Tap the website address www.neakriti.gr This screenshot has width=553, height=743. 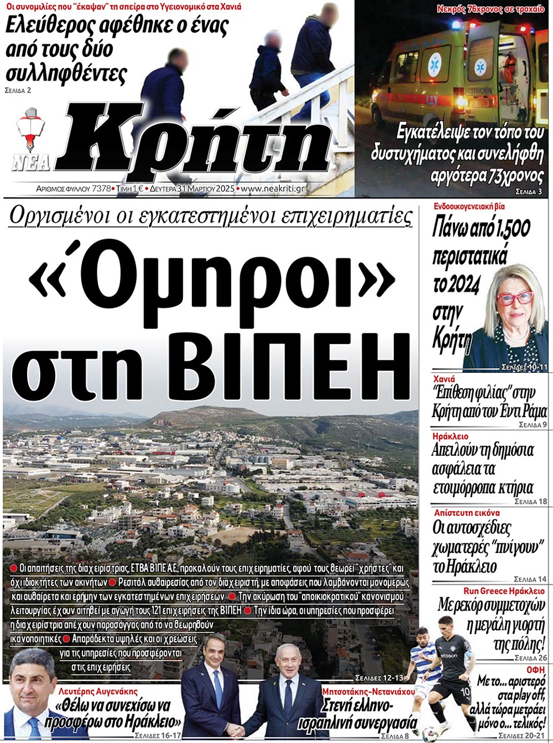point(272,188)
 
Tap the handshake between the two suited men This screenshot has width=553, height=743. point(237,730)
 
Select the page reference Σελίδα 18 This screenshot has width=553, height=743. point(530,501)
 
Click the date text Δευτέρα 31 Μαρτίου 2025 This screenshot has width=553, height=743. point(192,188)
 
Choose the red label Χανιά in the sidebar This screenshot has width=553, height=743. point(444,379)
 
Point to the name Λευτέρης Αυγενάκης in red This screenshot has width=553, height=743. point(98,691)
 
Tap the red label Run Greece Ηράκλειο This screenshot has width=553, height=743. point(503,591)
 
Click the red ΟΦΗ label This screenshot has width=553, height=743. point(535,670)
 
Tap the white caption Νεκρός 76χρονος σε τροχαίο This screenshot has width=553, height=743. point(490,9)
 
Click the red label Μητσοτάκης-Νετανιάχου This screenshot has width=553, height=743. point(368,691)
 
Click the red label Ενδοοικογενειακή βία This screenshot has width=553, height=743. point(469,205)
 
